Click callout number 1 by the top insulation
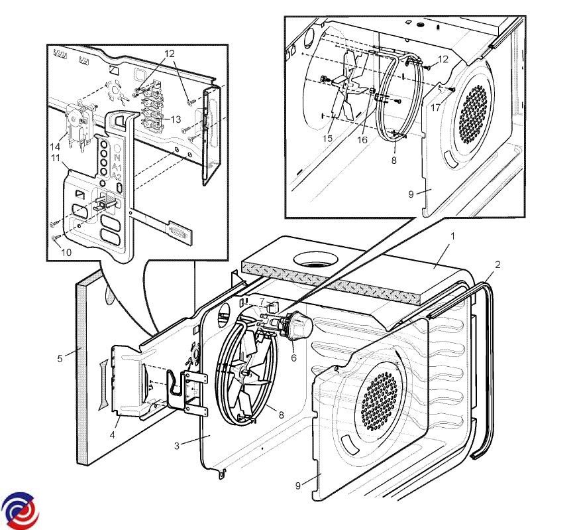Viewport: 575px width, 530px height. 452,235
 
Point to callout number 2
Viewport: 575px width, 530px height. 497,264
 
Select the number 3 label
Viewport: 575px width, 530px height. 177,445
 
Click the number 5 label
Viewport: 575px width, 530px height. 60,360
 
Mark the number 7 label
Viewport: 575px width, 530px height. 262,301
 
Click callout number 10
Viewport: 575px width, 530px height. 66,252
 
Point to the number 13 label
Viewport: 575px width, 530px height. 176,119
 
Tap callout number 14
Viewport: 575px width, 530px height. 56,145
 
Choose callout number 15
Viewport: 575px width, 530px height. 328,138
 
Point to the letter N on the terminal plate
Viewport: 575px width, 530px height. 117,159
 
